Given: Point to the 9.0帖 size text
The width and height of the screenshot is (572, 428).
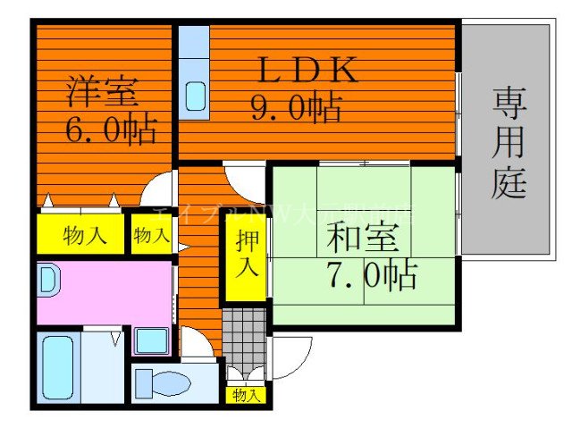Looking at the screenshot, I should pos(294,108).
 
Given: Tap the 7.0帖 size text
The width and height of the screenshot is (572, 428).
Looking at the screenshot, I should pos(370,276).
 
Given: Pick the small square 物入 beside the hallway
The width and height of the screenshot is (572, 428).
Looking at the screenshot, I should pos(151,235).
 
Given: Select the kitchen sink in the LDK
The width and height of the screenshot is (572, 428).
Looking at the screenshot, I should pos(194,96).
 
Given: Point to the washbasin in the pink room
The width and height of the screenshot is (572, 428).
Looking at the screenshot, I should pos(49,282).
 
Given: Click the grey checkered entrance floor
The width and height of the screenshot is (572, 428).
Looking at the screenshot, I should pos(244,335).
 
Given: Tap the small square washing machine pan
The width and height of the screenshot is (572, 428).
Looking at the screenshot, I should pos(151,341).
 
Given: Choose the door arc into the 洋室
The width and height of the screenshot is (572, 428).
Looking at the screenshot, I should pos(161,191).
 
